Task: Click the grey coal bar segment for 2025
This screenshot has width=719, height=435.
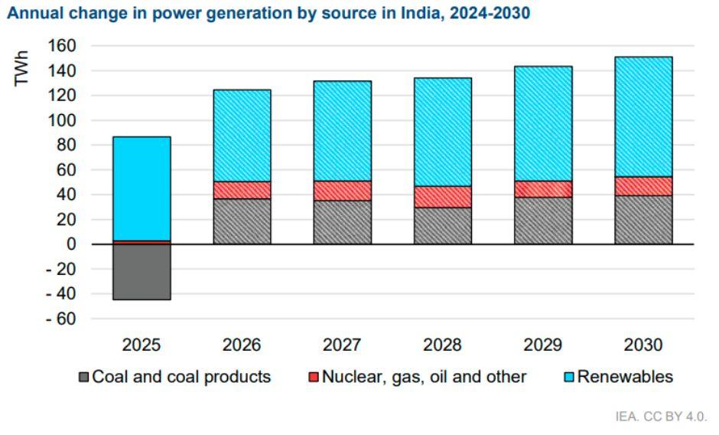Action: (x=142, y=272)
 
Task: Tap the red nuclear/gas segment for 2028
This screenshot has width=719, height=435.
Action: (x=443, y=197)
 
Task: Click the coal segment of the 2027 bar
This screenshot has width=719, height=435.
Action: (x=343, y=222)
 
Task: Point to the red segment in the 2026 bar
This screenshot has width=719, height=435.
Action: (x=242, y=190)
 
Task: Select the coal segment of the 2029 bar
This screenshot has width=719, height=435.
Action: (x=543, y=221)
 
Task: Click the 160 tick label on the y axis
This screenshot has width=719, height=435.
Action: (x=63, y=46)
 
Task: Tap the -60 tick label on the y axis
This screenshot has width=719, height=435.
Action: (x=60, y=319)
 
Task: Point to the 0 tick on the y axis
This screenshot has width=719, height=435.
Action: (x=71, y=244)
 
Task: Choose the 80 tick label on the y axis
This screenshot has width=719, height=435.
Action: (x=67, y=146)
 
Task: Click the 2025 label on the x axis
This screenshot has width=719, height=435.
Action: (x=142, y=345)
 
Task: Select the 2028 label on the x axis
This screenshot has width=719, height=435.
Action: (x=443, y=345)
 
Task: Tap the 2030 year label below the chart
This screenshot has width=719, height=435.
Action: (x=643, y=345)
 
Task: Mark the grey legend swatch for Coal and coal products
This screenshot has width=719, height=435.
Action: (x=84, y=378)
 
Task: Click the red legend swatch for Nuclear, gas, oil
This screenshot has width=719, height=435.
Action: (x=314, y=378)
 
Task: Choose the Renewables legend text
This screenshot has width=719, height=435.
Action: (x=625, y=377)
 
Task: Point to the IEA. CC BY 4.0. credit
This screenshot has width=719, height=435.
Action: (x=662, y=417)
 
